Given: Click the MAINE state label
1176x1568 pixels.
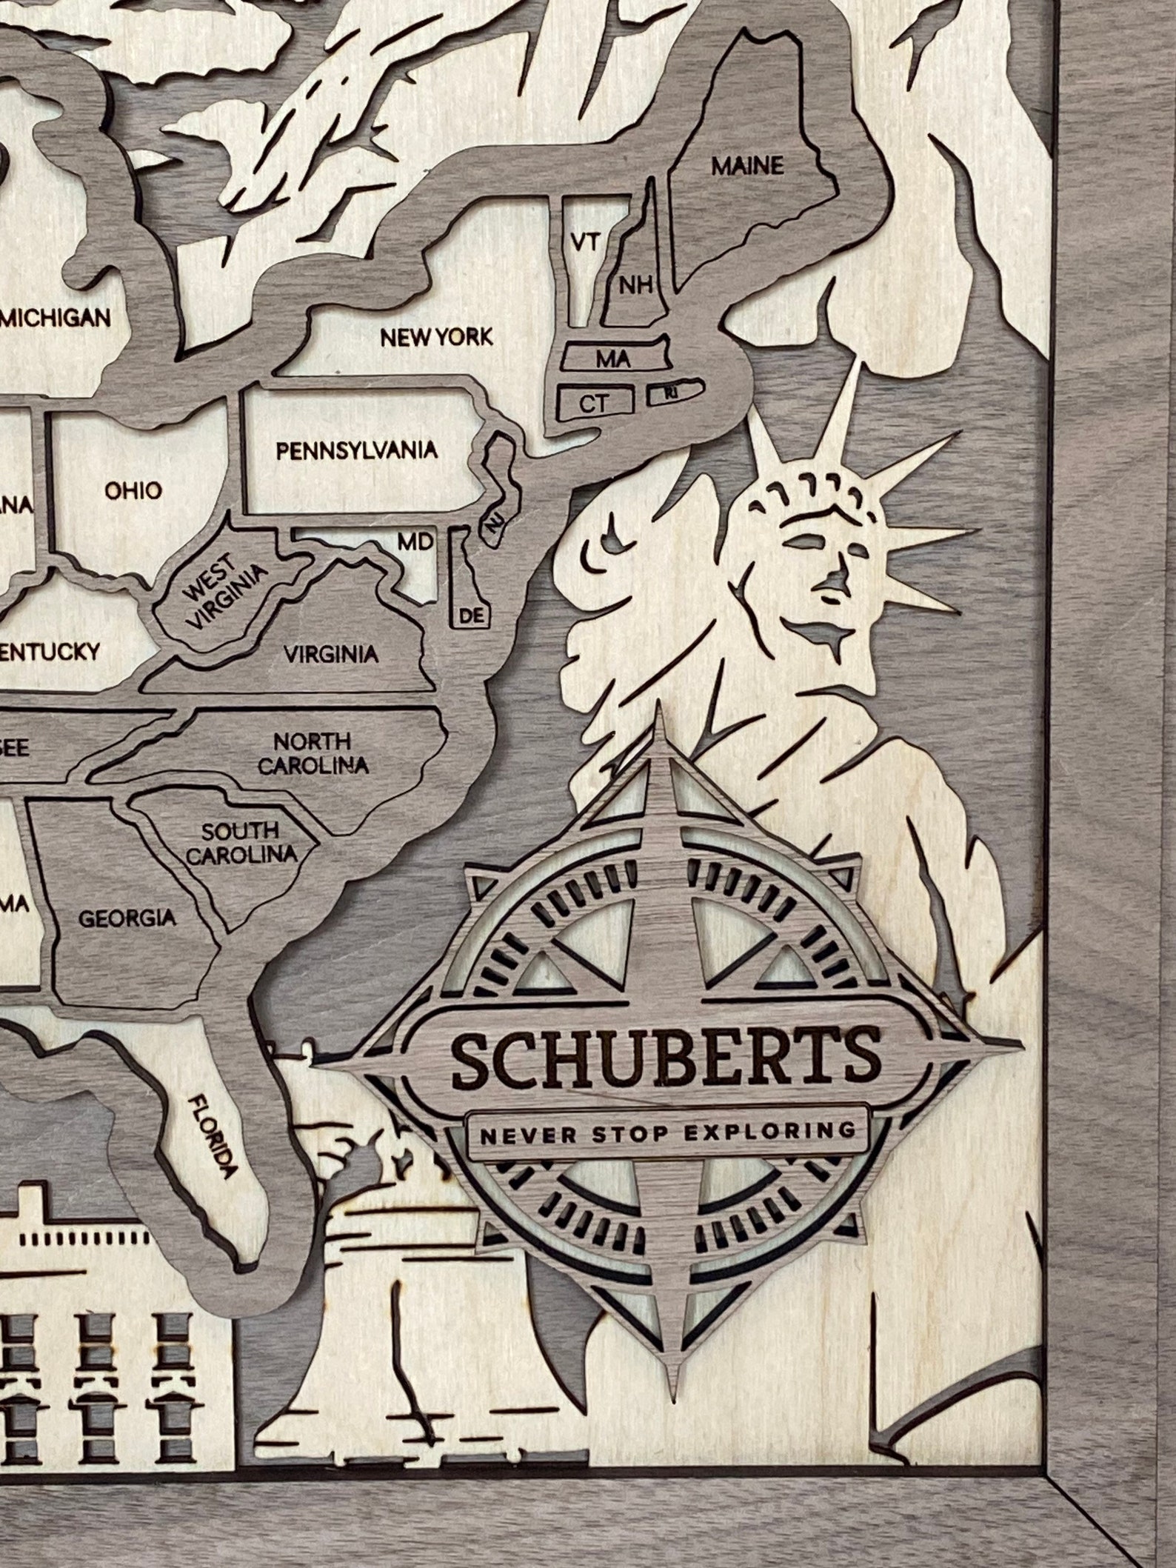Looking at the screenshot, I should (x=747, y=166).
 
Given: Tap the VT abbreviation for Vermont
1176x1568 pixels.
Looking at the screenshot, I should (x=584, y=242).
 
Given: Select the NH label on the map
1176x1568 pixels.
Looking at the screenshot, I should (x=635, y=285).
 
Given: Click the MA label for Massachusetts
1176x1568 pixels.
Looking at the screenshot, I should (x=613, y=360).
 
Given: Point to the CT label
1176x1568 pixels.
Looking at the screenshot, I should (x=593, y=404).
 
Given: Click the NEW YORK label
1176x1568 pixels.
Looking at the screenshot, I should (x=436, y=338).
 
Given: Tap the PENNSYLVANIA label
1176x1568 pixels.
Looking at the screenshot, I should (x=357, y=450).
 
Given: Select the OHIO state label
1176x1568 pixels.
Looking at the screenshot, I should (x=133, y=490).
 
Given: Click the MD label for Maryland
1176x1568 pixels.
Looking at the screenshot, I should (x=415, y=542).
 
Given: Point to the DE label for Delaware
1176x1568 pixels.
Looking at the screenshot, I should (x=471, y=615).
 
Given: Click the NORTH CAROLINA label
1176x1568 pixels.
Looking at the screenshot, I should (x=312, y=753).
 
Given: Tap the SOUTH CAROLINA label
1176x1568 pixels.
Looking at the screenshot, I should (x=241, y=843).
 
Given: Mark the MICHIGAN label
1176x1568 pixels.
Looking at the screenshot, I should (x=57, y=318).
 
